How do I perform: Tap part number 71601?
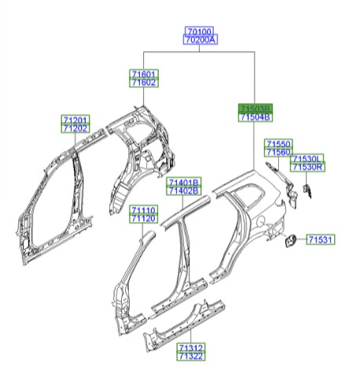point(144,73)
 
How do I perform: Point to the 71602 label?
point(144,82)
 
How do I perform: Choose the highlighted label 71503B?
point(255,109)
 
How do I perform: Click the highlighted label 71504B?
point(255,117)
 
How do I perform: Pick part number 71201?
point(76,120)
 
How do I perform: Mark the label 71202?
point(76,128)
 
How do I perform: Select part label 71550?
point(277,144)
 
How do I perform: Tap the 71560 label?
point(277,153)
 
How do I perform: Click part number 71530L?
point(308,159)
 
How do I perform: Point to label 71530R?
point(308,168)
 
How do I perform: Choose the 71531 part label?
point(320,239)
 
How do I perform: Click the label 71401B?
point(184,182)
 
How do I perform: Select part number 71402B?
point(184,190)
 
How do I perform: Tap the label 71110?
point(144,210)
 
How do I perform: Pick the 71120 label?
point(144,219)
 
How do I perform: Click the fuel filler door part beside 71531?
point(289,241)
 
